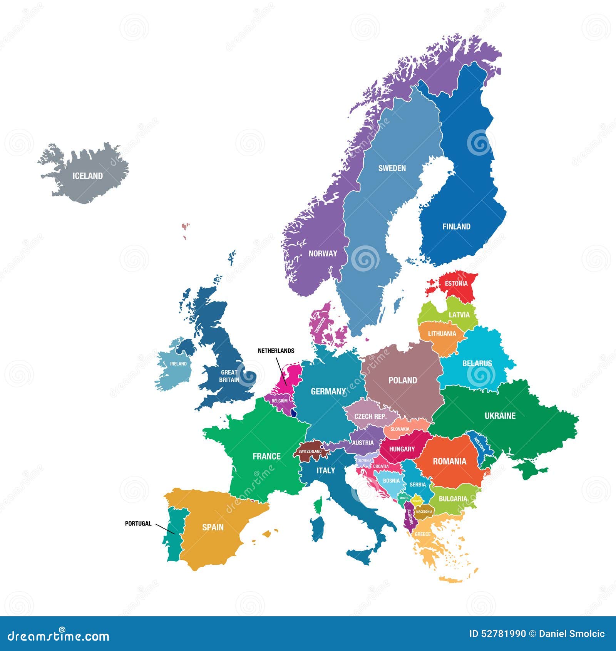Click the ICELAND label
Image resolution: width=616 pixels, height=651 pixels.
[88, 176]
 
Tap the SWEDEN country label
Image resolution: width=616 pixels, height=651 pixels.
[392, 168]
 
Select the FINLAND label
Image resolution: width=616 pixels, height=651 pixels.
[456, 227]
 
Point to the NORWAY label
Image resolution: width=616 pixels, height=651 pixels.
[323, 253]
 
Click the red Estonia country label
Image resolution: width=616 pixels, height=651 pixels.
[456, 284]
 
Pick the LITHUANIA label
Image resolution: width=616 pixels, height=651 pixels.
[442, 334]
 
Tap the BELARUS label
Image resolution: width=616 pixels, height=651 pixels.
[477, 363]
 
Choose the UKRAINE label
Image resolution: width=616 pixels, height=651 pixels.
[500, 416]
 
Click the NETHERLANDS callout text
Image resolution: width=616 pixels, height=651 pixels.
[276, 351]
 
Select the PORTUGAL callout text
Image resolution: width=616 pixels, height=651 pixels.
[138, 523]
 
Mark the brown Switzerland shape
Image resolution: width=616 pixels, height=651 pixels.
[310, 451]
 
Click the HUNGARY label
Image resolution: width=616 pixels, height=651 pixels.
[402, 449]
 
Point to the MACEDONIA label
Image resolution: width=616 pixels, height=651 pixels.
[424, 512]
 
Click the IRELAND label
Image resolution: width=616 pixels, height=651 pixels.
[178, 364]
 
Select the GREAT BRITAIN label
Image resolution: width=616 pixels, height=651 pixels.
[229, 376]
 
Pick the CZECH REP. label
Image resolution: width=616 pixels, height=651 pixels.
[370, 416]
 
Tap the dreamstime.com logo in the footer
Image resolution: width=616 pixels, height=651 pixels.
[59, 636]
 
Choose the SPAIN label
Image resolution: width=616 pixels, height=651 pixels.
[213, 527]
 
